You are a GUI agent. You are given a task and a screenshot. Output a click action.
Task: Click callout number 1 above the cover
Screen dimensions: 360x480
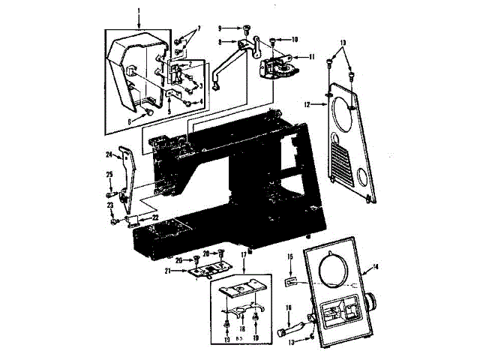tap(139, 11)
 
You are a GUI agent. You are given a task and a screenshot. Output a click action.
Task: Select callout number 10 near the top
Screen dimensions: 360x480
tap(294, 38)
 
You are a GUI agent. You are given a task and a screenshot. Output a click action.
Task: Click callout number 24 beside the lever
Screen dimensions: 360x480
tap(109, 156)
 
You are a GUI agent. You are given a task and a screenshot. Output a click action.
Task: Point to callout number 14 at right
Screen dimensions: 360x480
tap(376, 267)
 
